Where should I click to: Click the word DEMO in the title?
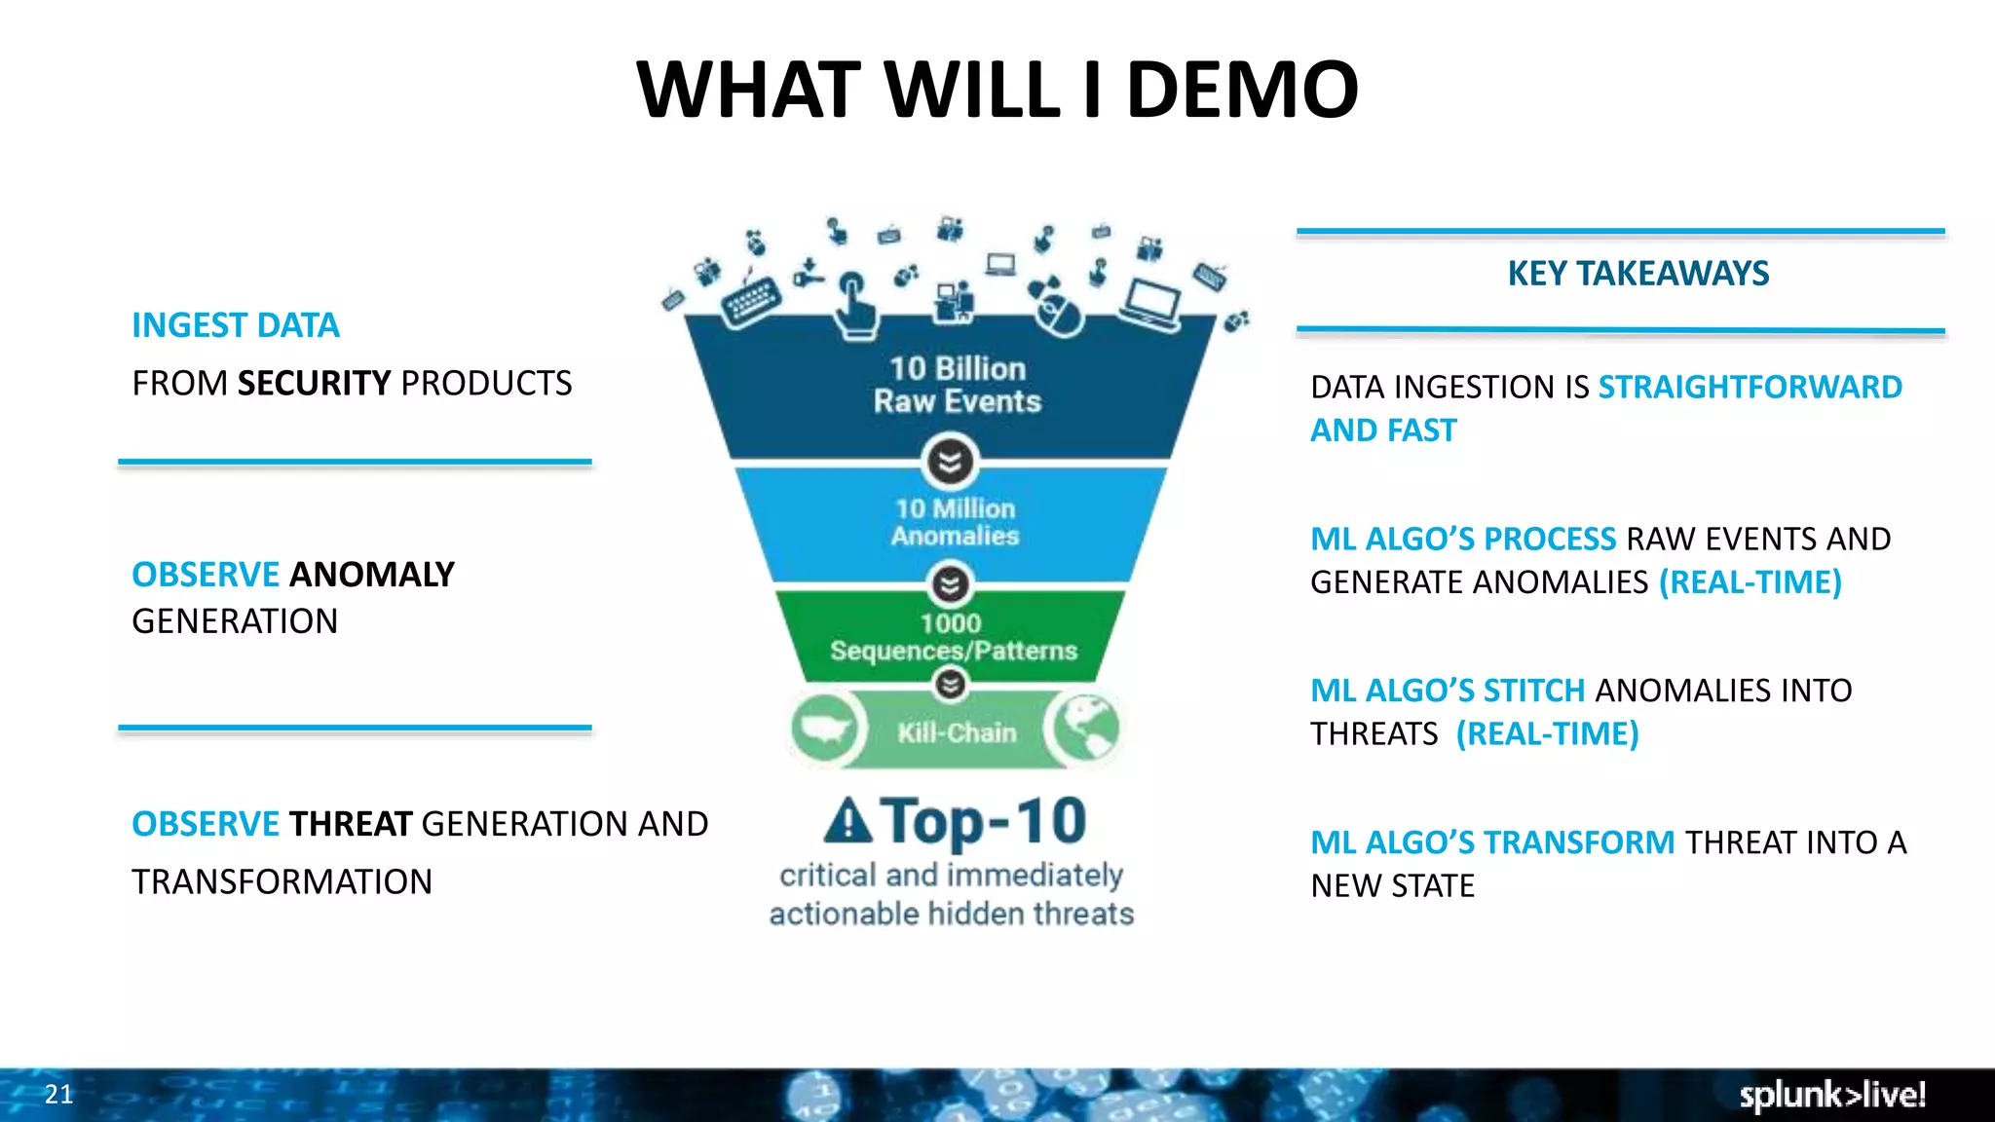tap(1242, 90)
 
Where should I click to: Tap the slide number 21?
tap(59, 1094)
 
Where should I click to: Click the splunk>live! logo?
tap(1832, 1095)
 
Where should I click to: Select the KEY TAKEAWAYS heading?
tap(1637, 274)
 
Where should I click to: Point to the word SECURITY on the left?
tap(314, 384)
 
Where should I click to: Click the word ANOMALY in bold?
tap(372, 575)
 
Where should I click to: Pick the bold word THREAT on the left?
tap(351, 824)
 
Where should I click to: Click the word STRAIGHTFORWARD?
tap(1750, 388)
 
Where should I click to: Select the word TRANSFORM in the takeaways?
tap(1579, 842)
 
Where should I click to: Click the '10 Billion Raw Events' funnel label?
tap(957, 385)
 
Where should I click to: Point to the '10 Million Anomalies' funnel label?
tap(955, 522)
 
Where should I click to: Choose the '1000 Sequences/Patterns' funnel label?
tap(953, 637)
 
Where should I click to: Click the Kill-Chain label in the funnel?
tap(957, 732)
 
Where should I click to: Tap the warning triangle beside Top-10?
tap(847, 821)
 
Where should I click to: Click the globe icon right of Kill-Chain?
tap(1084, 729)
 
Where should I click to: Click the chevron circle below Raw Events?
tap(950, 462)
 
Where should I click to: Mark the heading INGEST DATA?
tap(236, 325)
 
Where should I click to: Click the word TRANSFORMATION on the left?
tap(282, 882)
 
